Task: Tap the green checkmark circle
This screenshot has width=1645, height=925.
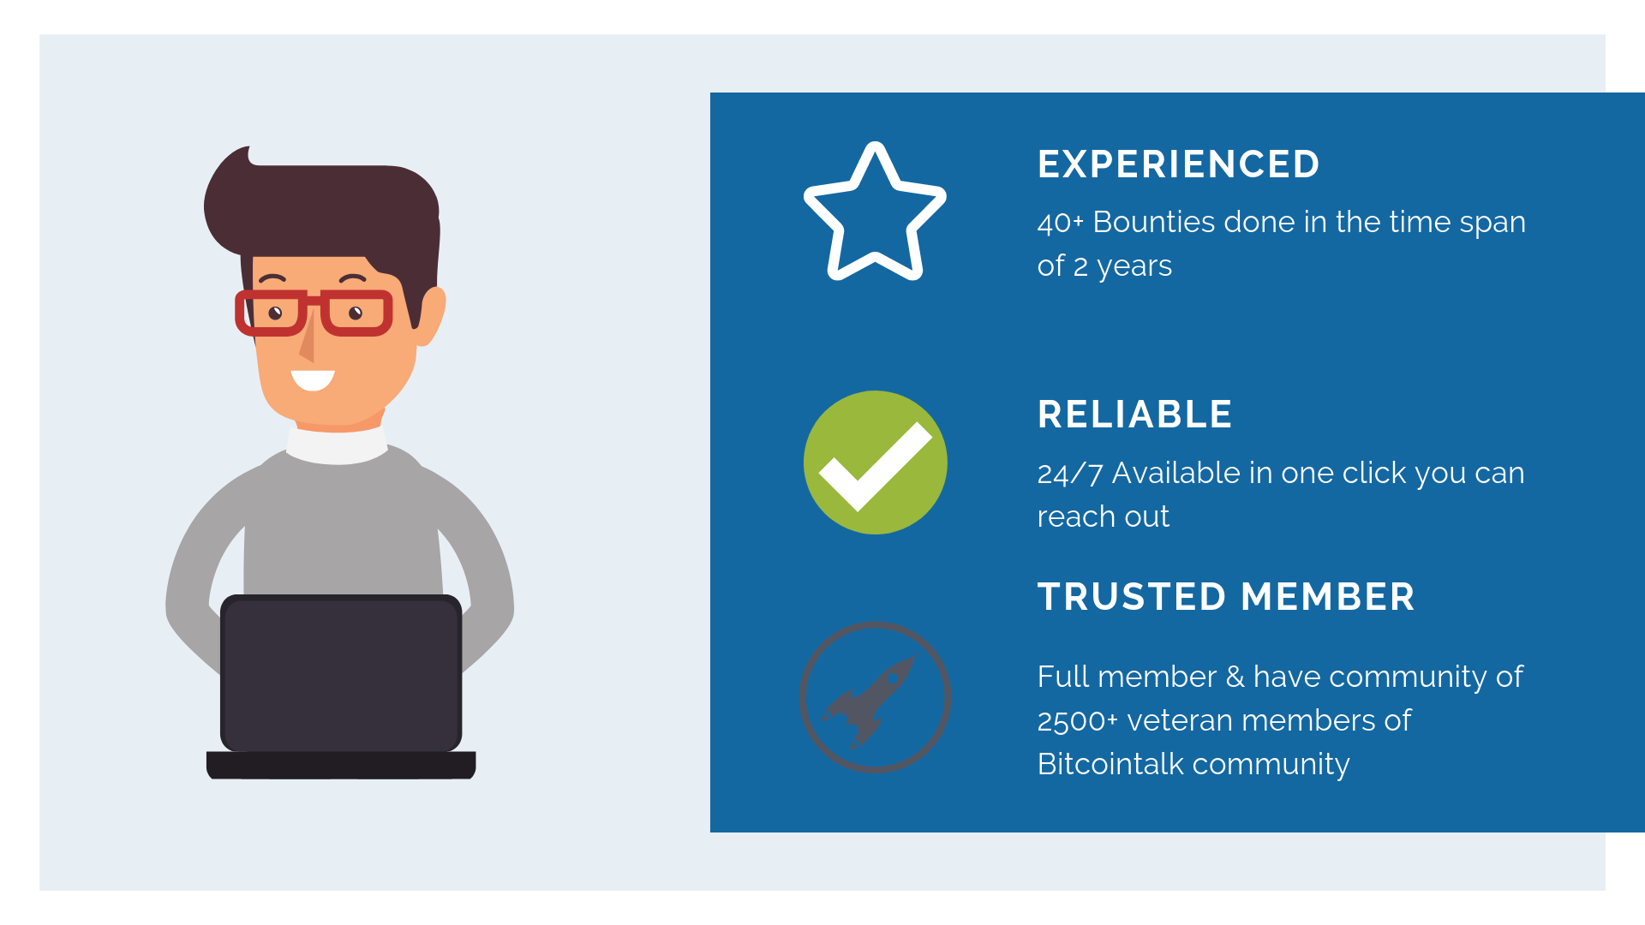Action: point(875,462)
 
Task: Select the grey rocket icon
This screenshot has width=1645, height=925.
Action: point(875,697)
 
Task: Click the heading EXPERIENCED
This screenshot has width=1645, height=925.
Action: point(1178,164)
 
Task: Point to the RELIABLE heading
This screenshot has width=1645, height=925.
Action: point(1134,415)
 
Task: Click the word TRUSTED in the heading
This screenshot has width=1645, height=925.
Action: point(1131,597)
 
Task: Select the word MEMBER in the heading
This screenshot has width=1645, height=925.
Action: point(1327,597)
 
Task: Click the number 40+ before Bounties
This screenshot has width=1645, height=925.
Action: point(1060,223)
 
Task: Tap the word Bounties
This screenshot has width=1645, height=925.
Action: point(1153,222)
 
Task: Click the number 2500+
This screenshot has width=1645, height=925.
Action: point(1077,721)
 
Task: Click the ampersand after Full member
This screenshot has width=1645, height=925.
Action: point(1235,677)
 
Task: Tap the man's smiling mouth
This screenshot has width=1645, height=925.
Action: point(313,379)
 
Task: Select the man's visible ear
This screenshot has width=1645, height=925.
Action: point(430,315)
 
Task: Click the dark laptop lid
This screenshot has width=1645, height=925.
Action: point(341,673)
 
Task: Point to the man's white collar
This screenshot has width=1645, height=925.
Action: point(337,445)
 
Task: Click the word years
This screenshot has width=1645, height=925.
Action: point(1134,267)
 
